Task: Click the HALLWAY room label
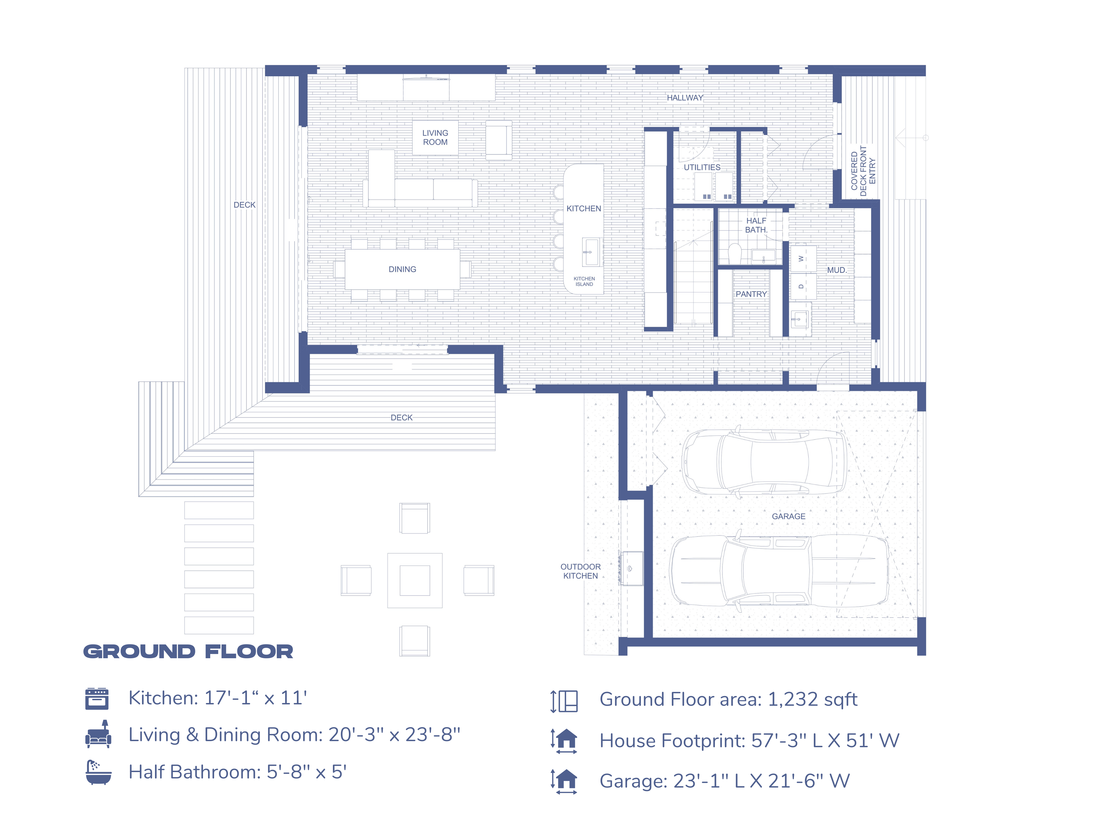click(x=685, y=98)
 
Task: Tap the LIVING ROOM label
click(x=435, y=137)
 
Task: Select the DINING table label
click(x=402, y=269)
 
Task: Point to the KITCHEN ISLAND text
click(x=584, y=281)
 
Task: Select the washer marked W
click(x=802, y=258)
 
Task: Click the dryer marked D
click(x=802, y=286)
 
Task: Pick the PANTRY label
click(x=751, y=294)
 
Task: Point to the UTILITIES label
click(x=702, y=167)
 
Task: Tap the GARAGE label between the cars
click(x=788, y=516)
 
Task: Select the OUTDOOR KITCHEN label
click(x=580, y=571)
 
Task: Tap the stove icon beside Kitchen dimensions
click(x=97, y=699)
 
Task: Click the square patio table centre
click(x=415, y=580)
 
